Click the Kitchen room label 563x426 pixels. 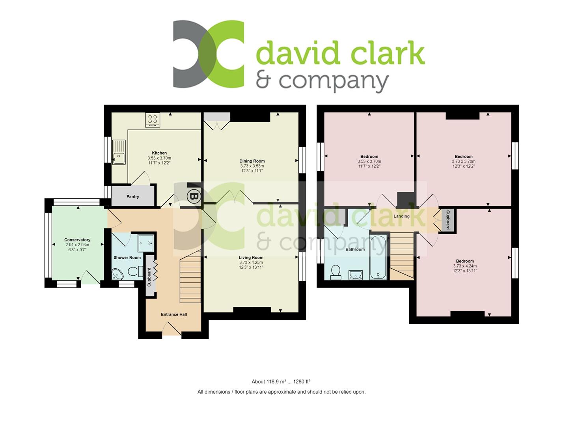click(159, 153)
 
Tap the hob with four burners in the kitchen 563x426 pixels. click(153, 120)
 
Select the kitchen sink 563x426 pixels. click(119, 152)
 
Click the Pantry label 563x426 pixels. click(133, 197)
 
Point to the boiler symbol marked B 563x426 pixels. click(193, 196)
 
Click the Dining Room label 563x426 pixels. click(252, 161)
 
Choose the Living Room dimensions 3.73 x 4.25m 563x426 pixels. click(251, 263)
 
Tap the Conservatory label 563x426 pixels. click(77, 240)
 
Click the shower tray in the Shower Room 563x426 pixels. click(145, 243)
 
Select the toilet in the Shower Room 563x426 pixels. click(135, 271)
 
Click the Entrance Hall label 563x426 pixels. click(174, 314)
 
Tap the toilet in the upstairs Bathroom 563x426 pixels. click(336, 272)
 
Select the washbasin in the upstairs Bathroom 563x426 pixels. click(355, 275)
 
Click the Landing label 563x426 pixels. click(401, 216)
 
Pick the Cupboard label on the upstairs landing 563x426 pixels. click(447, 220)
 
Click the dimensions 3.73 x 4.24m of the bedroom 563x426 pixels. click(465, 266)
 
